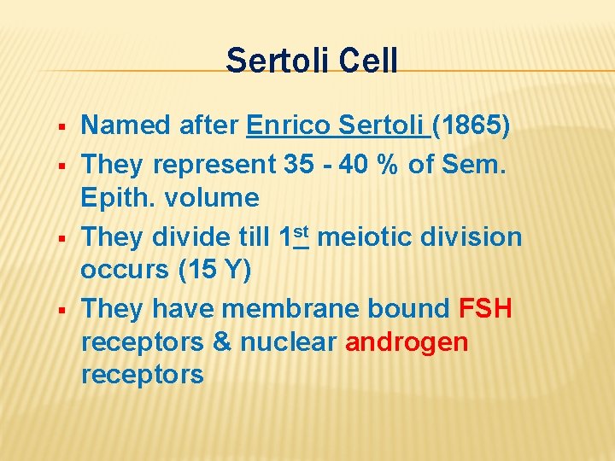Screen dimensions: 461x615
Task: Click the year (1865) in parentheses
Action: (x=472, y=126)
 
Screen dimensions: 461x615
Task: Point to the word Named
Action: (x=125, y=126)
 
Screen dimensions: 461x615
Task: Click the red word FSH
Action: (x=485, y=308)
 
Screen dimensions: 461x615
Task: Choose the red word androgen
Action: (x=407, y=342)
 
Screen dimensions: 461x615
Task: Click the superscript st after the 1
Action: (x=299, y=230)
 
